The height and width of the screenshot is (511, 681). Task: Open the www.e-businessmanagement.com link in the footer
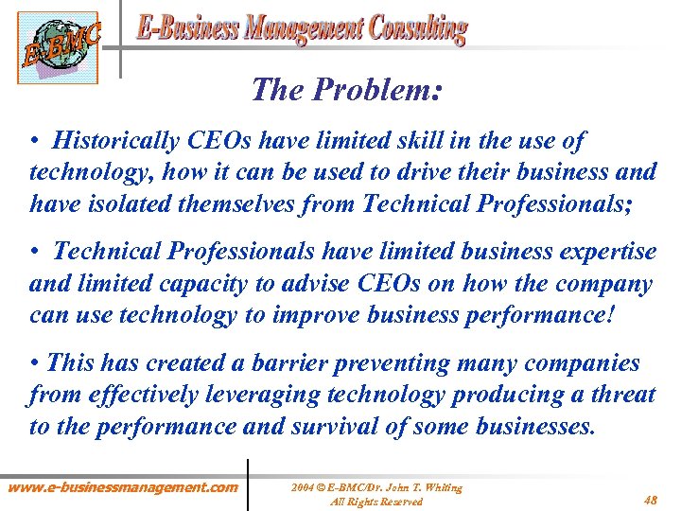tap(123, 486)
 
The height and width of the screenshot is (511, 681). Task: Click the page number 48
tap(651, 500)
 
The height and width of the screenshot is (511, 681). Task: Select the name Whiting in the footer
tap(441, 487)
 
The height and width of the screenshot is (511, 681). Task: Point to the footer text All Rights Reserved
tap(376, 501)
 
